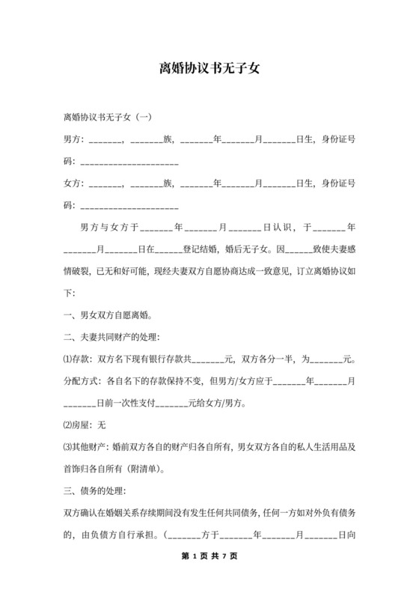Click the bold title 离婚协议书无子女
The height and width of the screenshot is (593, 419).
(209, 69)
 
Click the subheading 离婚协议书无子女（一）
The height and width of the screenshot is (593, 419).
(109, 117)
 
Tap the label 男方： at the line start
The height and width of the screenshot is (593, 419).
(76, 139)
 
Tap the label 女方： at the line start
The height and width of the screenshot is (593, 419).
(76, 183)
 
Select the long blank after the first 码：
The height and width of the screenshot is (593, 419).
(129, 161)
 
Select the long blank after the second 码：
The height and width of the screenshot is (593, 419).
(129, 205)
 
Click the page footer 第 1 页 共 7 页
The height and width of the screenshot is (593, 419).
(209, 557)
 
